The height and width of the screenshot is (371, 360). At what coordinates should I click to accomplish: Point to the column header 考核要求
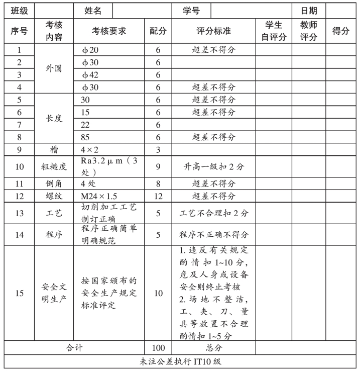[109, 31]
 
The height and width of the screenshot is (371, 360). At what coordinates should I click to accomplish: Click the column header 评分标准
[213, 31]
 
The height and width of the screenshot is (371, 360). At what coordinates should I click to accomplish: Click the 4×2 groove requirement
[91, 149]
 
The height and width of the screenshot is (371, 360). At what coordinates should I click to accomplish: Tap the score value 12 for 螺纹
[158, 196]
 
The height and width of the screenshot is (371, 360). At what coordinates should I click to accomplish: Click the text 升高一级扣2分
[214, 166]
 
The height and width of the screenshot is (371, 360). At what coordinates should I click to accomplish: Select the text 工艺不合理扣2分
[214, 213]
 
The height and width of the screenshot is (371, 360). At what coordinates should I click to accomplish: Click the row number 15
[19, 293]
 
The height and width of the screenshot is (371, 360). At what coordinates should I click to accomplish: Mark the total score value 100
[158, 347]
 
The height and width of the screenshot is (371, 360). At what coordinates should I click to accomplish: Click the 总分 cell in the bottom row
[214, 347]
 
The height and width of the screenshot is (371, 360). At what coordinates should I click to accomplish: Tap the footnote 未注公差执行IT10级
[180, 360]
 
